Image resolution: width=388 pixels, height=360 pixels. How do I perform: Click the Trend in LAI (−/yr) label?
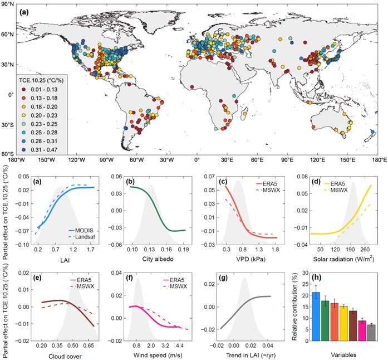247,354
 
